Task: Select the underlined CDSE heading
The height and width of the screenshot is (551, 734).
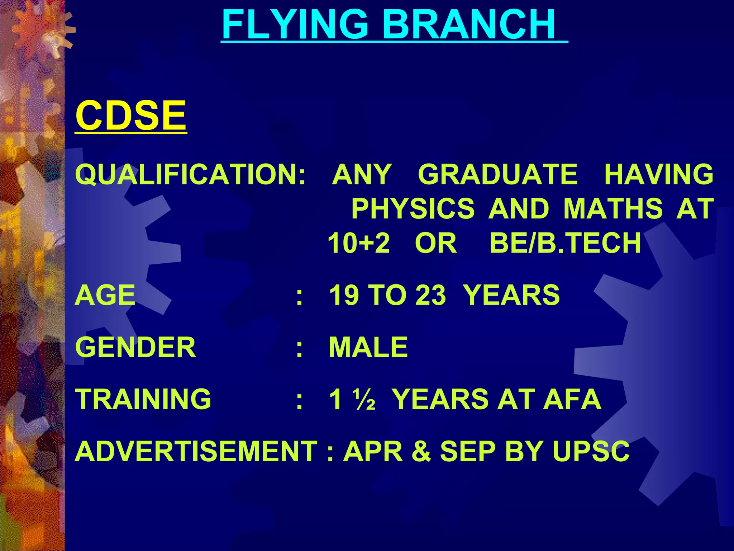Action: click(x=131, y=116)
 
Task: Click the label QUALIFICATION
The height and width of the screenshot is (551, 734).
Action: click(x=186, y=174)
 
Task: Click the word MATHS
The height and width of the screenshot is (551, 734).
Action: click(x=613, y=208)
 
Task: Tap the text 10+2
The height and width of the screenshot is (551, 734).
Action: click(x=359, y=243)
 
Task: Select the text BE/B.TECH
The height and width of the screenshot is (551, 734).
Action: click(x=565, y=243)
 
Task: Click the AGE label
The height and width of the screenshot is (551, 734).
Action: click(x=105, y=295)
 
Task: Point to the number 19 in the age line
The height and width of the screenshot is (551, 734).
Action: click(x=344, y=295)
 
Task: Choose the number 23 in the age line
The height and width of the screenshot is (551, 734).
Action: click(x=430, y=295)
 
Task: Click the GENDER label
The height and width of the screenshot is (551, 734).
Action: click(x=135, y=347)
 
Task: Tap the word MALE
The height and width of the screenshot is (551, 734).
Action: click(x=368, y=347)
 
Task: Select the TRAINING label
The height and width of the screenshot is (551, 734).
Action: click(x=143, y=399)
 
